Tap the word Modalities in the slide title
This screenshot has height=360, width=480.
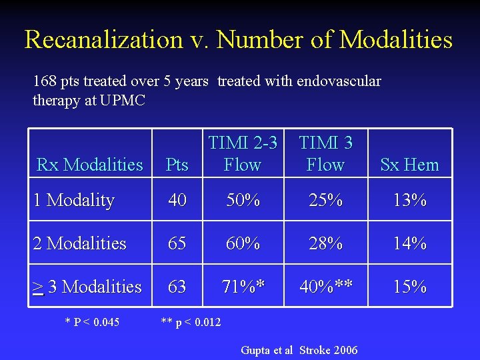tap(396, 40)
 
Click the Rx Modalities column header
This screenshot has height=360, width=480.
tap(90, 165)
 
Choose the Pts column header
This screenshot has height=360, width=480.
tap(177, 165)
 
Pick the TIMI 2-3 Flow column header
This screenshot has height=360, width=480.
tap(242, 153)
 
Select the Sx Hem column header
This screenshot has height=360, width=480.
tap(409, 165)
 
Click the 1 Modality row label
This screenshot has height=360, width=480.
tap(74, 200)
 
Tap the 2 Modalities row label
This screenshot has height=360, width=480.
tap(80, 243)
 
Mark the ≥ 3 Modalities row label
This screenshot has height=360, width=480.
tap(87, 287)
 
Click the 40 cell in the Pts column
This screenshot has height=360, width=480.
tap(177, 200)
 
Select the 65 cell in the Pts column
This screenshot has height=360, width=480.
tap(177, 243)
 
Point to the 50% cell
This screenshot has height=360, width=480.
tap(242, 200)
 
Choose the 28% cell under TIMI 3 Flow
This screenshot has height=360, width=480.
tap(325, 243)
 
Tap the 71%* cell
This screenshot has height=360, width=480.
tap(243, 287)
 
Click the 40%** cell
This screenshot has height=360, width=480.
tap(327, 287)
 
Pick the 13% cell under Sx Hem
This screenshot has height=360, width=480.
tap(409, 200)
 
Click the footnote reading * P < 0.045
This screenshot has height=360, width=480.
tap(92, 323)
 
